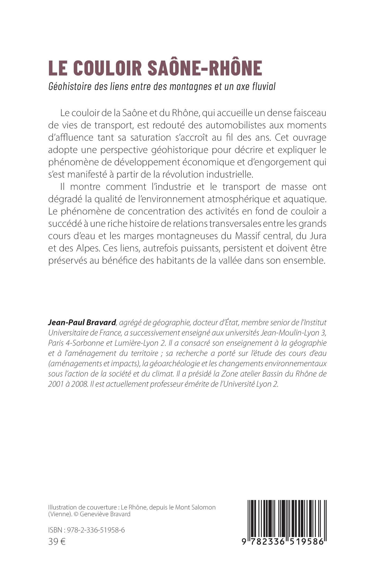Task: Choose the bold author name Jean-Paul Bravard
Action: pos(82,322)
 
